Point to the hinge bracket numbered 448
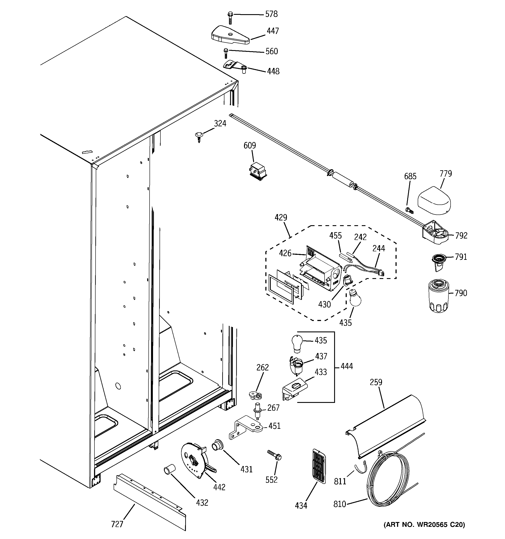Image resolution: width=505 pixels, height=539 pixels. [234, 66]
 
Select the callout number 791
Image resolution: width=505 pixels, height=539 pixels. [461, 257]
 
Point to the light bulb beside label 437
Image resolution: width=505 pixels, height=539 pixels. [297, 343]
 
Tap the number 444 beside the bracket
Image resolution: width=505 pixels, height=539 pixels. [347, 366]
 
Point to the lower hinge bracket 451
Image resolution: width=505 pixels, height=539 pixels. [246, 429]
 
